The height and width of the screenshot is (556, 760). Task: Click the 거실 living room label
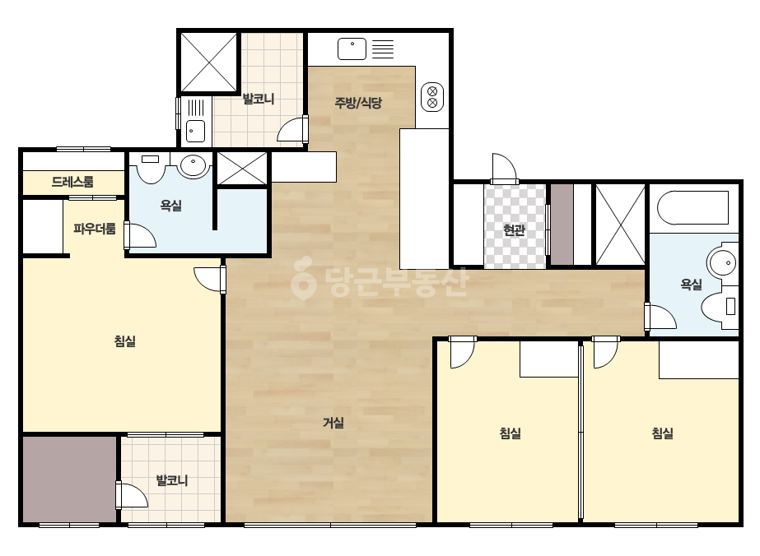pos(333,423)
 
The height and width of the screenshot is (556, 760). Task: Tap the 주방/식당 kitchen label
pos(358,102)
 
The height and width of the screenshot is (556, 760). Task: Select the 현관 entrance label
pos(515,229)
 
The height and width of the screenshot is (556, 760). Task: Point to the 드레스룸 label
pos(72,182)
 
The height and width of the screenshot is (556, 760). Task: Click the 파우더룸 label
pos(95,228)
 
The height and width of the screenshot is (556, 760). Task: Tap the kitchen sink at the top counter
pos(352,49)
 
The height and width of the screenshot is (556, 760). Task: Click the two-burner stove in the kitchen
pos(432,97)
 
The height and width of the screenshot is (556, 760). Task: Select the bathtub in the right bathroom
pos(692,208)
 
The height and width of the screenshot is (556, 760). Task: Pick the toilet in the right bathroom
pos(720,306)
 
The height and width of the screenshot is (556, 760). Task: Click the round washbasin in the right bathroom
pos(722,263)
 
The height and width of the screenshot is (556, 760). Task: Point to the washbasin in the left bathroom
pos(193,164)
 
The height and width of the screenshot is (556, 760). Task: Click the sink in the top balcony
pos(195,131)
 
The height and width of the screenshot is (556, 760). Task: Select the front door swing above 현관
pos(504,168)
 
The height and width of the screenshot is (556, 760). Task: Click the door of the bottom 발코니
pos(132,495)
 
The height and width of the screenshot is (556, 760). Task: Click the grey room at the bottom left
pos(70,480)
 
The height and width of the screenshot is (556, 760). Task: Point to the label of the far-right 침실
pos(663,433)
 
